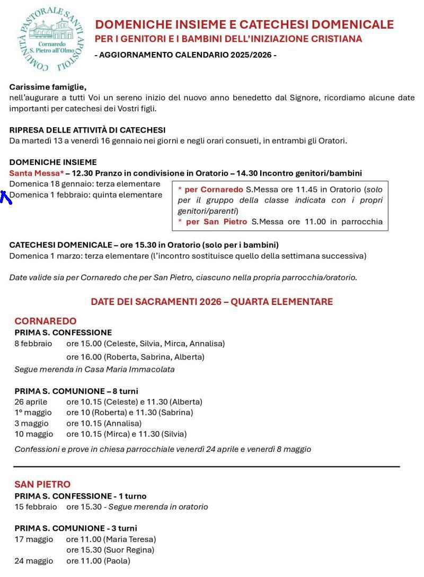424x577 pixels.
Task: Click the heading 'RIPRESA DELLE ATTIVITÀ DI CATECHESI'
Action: (87, 130)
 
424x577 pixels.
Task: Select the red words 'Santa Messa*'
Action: (36, 173)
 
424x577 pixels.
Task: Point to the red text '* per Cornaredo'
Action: (210, 189)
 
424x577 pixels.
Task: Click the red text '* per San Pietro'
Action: (213, 222)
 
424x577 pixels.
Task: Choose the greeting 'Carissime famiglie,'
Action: (48, 87)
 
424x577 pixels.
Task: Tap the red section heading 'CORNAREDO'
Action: (46, 321)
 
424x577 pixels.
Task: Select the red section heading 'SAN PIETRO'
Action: (42, 484)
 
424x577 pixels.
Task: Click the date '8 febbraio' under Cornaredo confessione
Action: (33, 344)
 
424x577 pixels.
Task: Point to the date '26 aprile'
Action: (31, 402)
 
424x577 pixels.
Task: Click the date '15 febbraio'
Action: (36, 507)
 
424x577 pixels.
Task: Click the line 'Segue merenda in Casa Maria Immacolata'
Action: (94, 369)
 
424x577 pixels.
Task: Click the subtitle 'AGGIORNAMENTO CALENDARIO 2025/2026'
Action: (185, 55)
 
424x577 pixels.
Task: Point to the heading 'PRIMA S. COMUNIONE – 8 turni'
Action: (76, 391)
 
